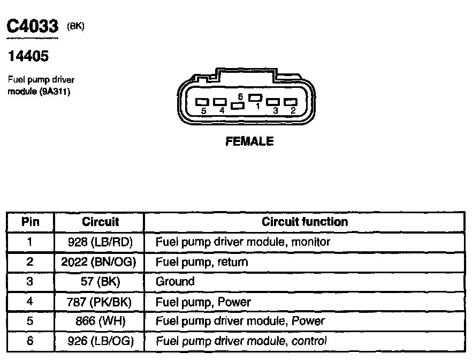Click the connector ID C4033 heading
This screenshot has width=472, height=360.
pyautogui.click(x=32, y=27)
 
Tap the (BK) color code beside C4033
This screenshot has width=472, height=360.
pyautogui.click(x=76, y=26)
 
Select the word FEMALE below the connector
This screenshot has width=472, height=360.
pyautogui.click(x=249, y=141)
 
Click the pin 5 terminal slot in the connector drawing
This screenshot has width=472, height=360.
pyautogui.click(x=202, y=101)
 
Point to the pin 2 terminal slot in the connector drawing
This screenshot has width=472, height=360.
pyautogui.click(x=291, y=101)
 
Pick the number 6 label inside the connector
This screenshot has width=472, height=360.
pyautogui.click(x=241, y=96)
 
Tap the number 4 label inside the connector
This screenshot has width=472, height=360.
pyautogui.click(x=222, y=110)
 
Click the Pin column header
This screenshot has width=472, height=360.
pyautogui.click(x=30, y=222)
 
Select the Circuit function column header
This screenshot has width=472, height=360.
pyautogui.click(x=304, y=222)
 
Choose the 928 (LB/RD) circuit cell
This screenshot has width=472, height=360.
pyautogui.click(x=100, y=242)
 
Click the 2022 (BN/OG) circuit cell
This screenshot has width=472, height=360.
pyautogui.click(x=100, y=262)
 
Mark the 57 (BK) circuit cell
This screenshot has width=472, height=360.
pyautogui.click(x=100, y=282)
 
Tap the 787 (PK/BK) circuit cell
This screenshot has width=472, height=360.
pyautogui.click(x=100, y=302)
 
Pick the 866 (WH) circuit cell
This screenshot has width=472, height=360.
pyautogui.click(x=100, y=321)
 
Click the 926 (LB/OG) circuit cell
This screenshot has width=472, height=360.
pyautogui.click(x=100, y=341)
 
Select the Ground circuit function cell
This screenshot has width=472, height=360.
pyautogui.click(x=175, y=282)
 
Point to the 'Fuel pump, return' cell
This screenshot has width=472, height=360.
pyautogui.click(x=202, y=262)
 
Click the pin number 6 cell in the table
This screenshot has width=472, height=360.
pyautogui.click(x=30, y=341)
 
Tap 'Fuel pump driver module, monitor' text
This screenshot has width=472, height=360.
pyautogui.click(x=242, y=242)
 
